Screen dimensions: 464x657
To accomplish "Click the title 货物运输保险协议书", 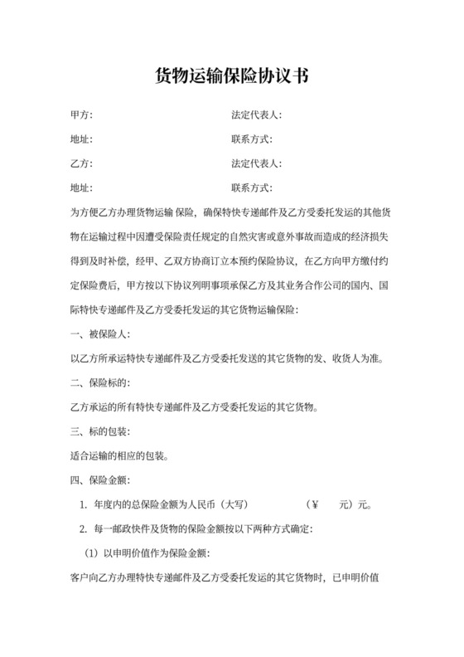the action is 232,76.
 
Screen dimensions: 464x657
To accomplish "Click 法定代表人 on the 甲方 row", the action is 258,115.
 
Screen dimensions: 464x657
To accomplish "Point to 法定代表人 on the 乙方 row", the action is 258,163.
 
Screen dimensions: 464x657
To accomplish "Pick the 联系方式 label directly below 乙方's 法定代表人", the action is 252,187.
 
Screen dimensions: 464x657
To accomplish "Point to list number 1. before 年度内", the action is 83,504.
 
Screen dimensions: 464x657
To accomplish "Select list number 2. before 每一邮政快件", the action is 83,528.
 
